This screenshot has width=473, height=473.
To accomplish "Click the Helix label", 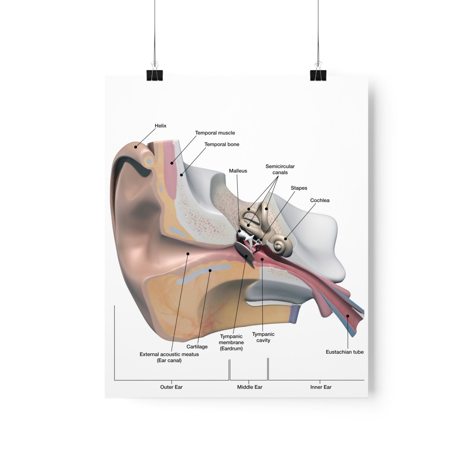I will [x=160, y=126].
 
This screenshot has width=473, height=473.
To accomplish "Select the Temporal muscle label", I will [x=215, y=133].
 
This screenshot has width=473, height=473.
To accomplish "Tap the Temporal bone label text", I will [x=222, y=144].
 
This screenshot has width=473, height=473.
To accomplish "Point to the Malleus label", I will [x=238, y=171].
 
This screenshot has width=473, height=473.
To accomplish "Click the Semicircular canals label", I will [x=280, y=169].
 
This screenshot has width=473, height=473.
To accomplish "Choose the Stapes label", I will [x=299, y=188].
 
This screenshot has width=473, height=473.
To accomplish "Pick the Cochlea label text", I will [x=319, y=200].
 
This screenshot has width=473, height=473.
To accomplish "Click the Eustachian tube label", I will [x=344, y=352].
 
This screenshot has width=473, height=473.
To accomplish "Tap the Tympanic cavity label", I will [x=263, y=337].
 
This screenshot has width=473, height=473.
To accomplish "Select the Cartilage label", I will [x=197, y=346].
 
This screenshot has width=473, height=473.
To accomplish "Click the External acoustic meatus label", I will [x=169, y=357].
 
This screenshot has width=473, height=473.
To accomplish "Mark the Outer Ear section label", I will [x=171, y=387].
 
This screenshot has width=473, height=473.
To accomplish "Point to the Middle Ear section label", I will [x=249, y=387].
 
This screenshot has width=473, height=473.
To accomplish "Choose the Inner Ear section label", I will [x=321, y=387].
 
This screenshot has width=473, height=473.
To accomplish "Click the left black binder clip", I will [x=154, y=75].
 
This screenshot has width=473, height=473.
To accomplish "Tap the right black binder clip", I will [x=318, y=75].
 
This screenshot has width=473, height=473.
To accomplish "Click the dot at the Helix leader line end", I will [x=136, y=147].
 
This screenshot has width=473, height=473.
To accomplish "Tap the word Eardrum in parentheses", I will [x=231, y=349].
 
